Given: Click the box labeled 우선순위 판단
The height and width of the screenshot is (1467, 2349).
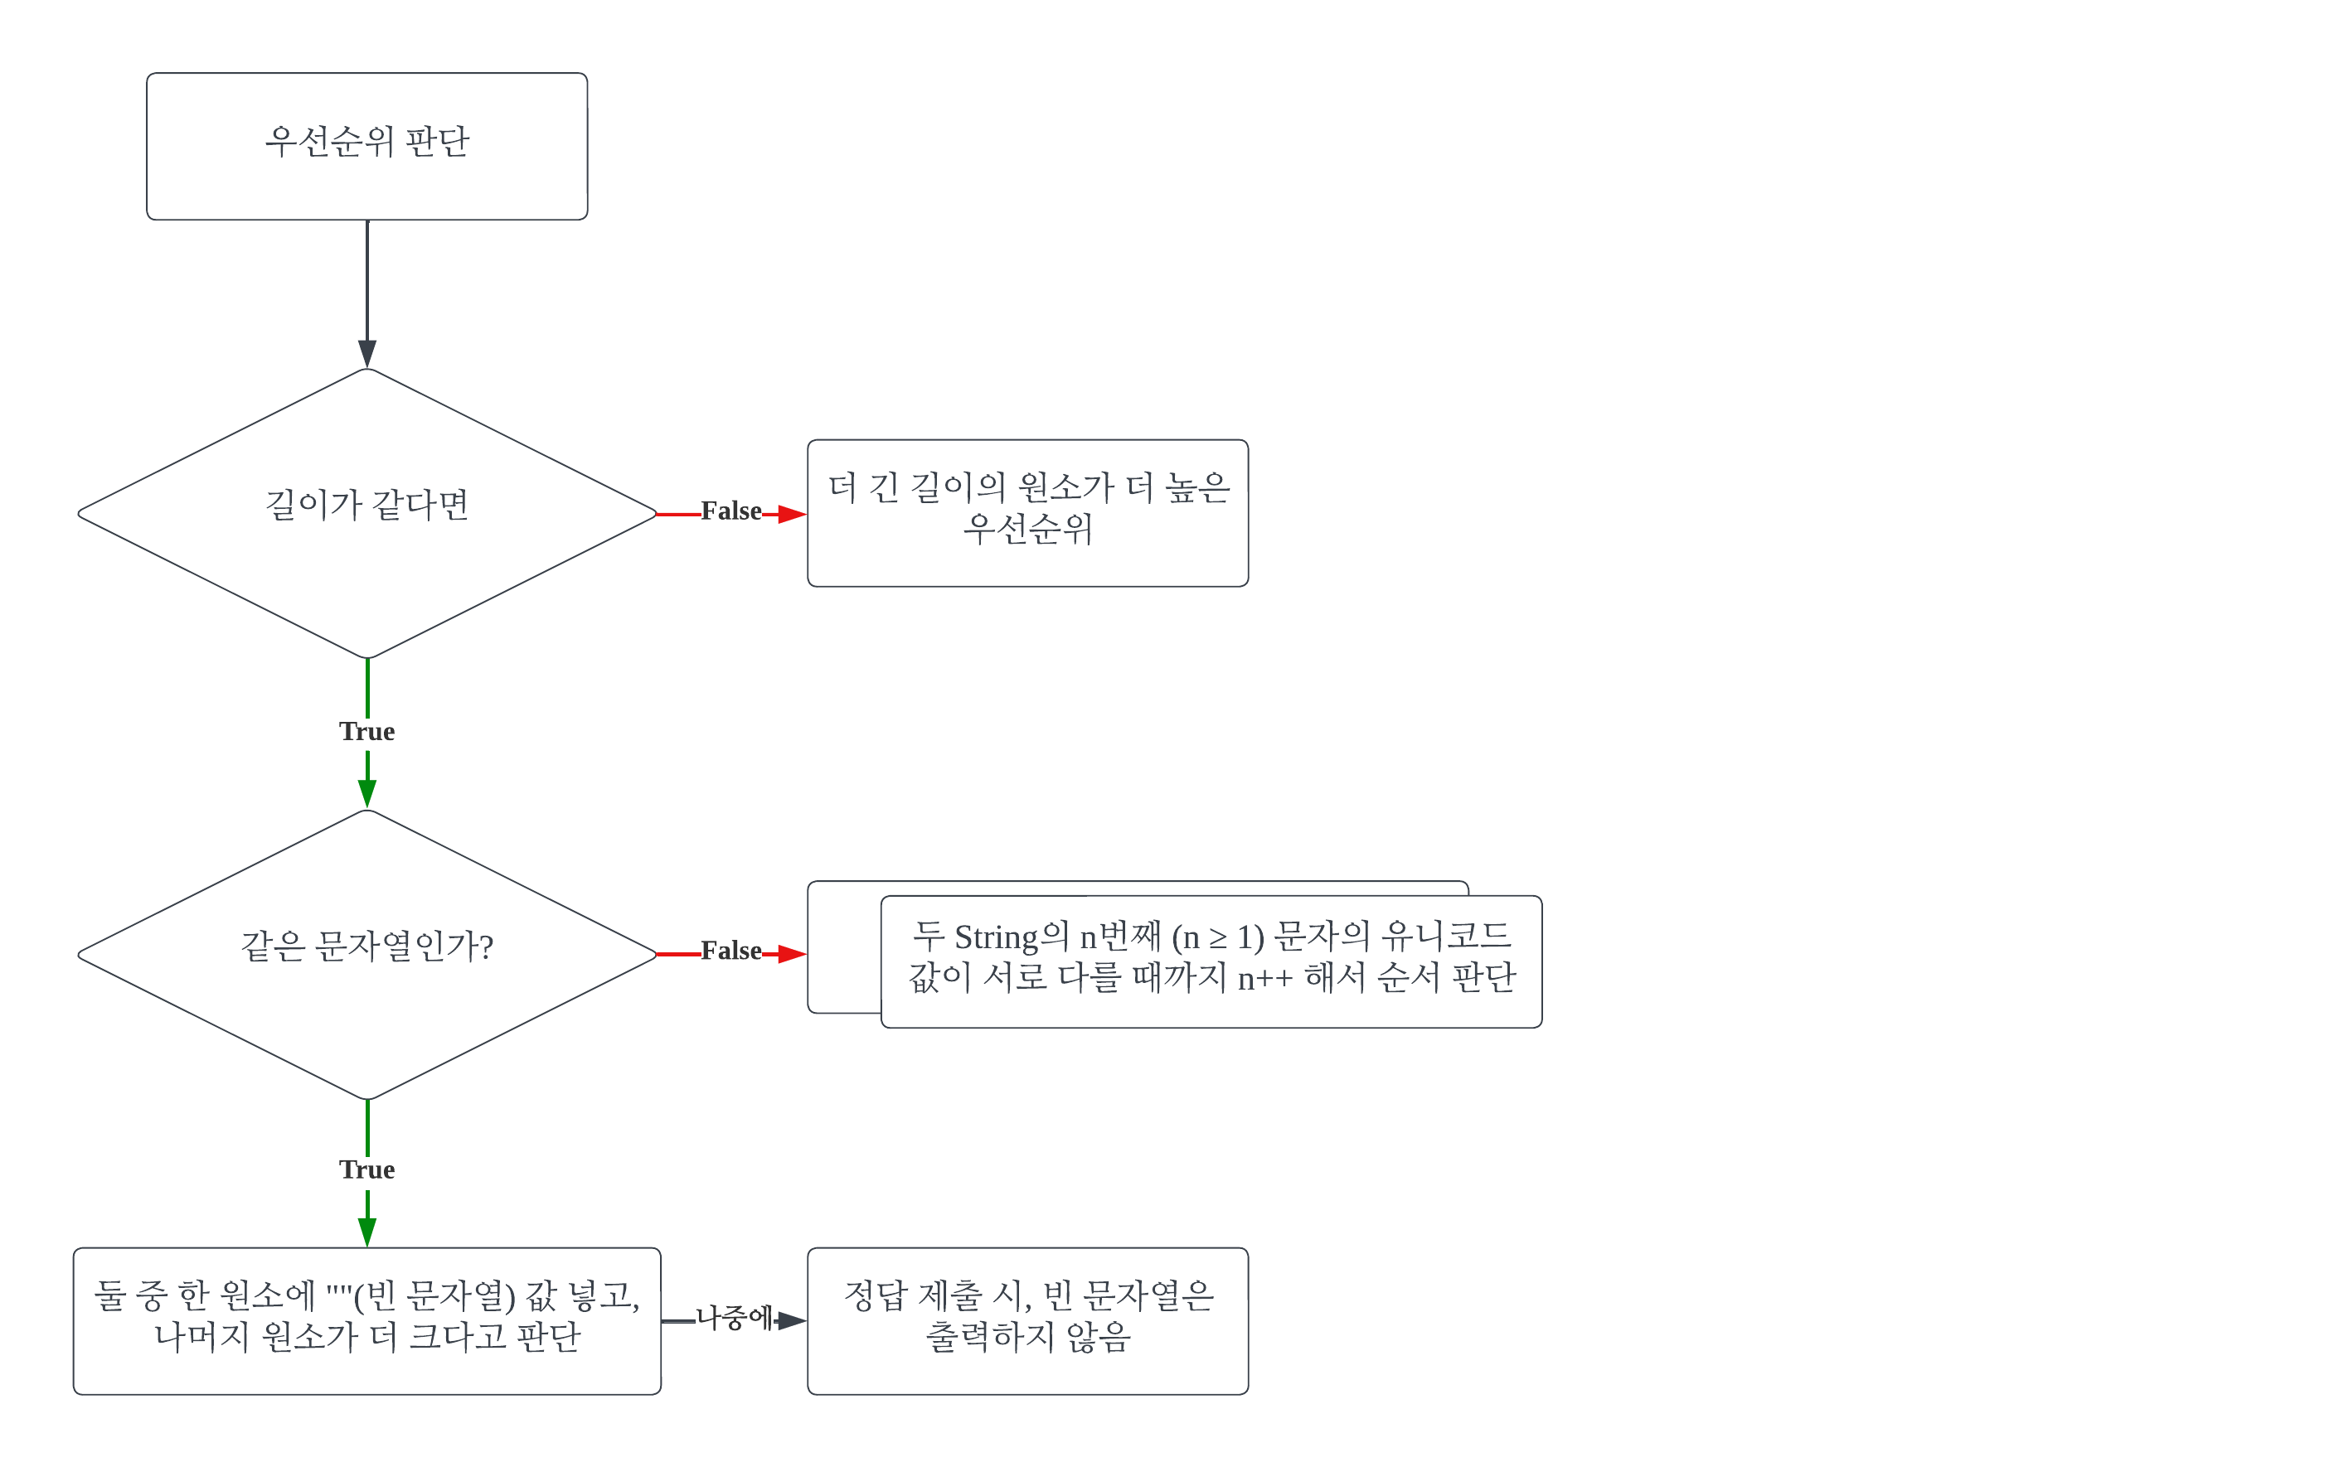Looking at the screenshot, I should (x=367, y=146).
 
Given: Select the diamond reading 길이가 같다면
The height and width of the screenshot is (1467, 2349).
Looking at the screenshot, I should (x=367, y=513).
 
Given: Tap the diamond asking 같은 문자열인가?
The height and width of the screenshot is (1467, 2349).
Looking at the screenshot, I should (x=367, y=953).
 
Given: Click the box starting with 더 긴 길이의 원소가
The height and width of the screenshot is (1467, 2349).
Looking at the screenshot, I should (x=1027, y=513).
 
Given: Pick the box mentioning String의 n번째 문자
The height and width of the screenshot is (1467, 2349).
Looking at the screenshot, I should (x=1211, y=961).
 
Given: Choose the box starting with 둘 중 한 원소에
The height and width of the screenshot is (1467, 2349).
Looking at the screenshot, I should (x=367, y=1320).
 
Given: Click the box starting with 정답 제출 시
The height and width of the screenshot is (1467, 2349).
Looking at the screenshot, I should (x=1027, y=1320).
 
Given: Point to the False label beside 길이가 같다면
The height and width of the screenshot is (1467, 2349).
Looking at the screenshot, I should (x=731, y=511).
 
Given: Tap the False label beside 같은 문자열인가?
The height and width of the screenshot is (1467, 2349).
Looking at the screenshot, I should (x=731, y=951).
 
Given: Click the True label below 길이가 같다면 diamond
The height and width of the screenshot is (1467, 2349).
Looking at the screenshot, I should (x=367, y=732).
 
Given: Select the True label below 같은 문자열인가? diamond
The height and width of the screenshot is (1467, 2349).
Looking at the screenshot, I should (x=367, y=1170).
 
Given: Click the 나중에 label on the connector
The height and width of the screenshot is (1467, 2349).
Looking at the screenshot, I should (x=734, y=1318).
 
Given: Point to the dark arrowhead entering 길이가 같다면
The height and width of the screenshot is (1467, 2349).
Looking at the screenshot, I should (x=367, y=353).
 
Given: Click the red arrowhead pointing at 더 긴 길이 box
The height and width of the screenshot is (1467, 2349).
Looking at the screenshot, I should (x=792, y=513).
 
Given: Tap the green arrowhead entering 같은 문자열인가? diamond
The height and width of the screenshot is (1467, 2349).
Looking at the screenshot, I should (x=367, y=794).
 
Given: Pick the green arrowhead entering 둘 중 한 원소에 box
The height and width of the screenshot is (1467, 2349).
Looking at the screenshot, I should (x=367, y=1232).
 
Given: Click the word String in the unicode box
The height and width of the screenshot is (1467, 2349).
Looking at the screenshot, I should (x=996, y=938).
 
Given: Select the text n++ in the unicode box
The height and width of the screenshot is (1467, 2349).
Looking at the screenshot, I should (x=1264, y=979).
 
